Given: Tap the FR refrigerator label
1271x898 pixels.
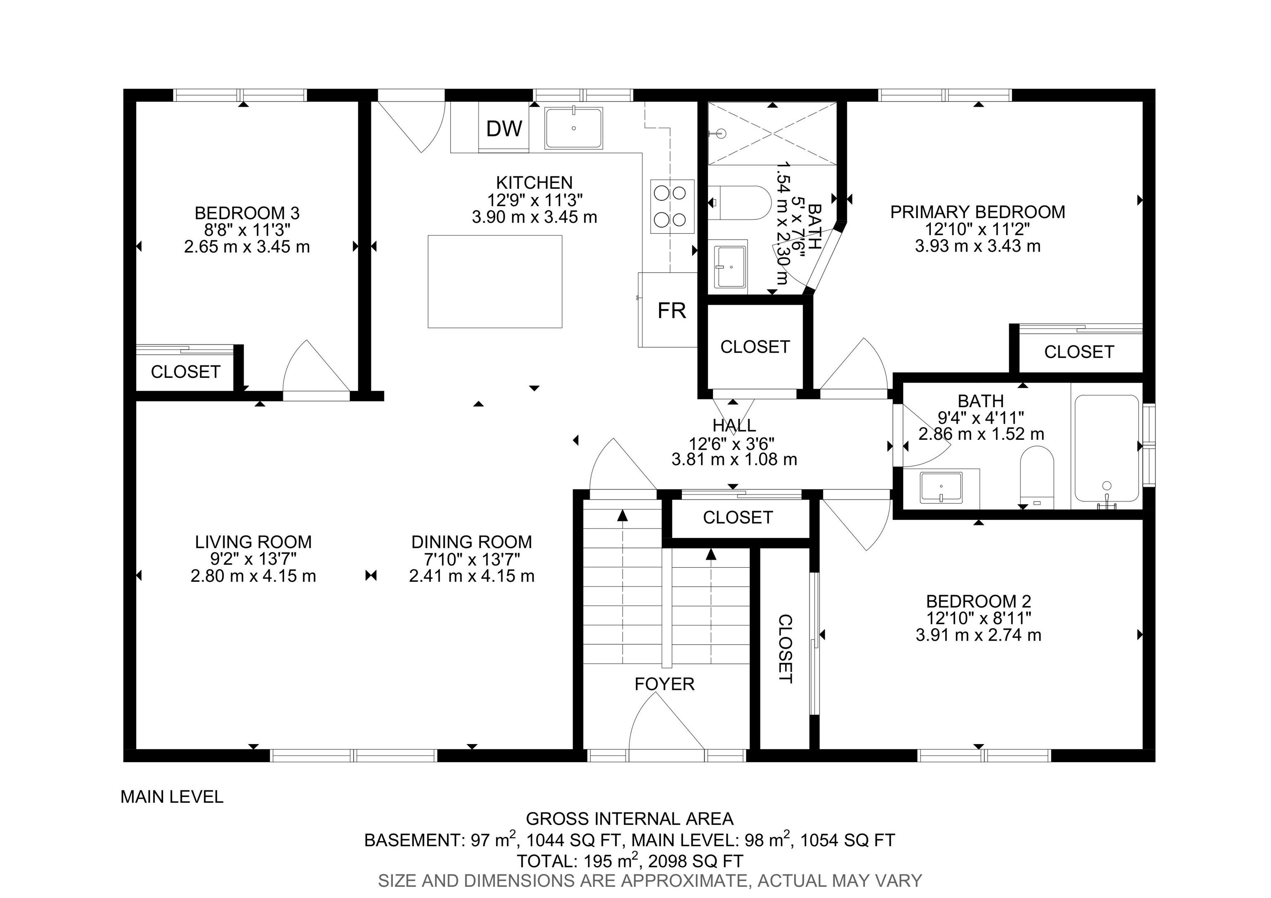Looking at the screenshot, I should click(x=671, y=311).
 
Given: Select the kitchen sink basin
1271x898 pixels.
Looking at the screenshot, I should click(x=573, y=128).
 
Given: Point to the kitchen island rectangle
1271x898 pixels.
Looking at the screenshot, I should click(x=495, y=281).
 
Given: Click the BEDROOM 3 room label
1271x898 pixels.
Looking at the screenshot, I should click(x=247, y=213).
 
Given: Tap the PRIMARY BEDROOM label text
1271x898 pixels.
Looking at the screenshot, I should click(x=977, y=212).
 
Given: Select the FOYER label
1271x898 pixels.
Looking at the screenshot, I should click(x=664, y=684).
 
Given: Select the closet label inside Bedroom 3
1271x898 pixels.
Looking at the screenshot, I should click(x=185, y=372).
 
